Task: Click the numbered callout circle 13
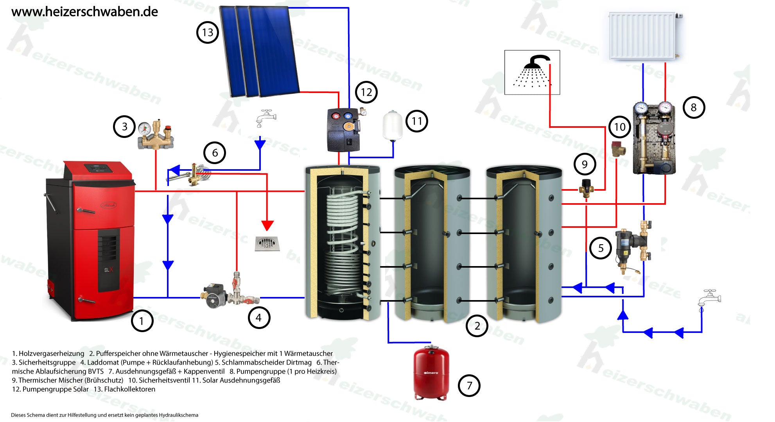click(207, 32)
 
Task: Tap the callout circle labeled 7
click(469, 386)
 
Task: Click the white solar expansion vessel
click(393, 125)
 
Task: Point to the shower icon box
click(532, 72)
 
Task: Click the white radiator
click(642, 36)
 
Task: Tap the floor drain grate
click(267, 243)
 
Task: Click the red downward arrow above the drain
click(267, 225)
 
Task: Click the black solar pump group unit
click(343, 130)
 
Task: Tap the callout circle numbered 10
click(620, 127)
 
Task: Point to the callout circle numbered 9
click(585, 164)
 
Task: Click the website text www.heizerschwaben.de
click(84, 12)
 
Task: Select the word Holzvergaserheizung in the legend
click(51, 354)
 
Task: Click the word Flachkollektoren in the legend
click(129, 389)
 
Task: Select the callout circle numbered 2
click(477, 326)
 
